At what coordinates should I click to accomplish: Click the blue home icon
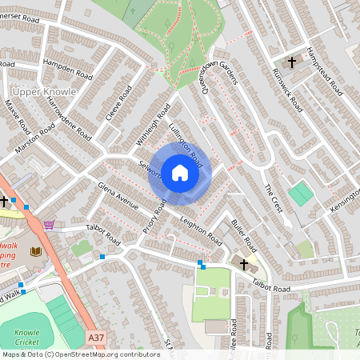point(179,172)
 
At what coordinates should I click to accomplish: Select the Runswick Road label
point(286,91)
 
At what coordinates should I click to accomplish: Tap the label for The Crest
point(274,198)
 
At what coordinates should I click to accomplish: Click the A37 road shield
point(96,338)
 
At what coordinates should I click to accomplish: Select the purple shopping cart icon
point(50,226)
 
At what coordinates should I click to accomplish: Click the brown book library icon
point(35,252)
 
